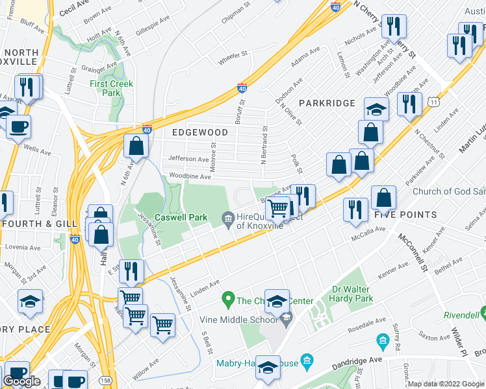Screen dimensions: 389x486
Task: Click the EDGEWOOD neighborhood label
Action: coord(199,132)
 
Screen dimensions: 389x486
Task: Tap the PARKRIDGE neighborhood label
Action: coord(327,103)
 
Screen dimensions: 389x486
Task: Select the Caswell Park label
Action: coord(180,217)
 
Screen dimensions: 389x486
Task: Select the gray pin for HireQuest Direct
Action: coord(227,218)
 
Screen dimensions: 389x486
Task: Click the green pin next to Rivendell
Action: coord(484,314)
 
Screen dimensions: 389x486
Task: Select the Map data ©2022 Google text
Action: coord(446,384)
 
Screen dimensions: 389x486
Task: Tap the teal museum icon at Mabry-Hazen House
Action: coord(308,360)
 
